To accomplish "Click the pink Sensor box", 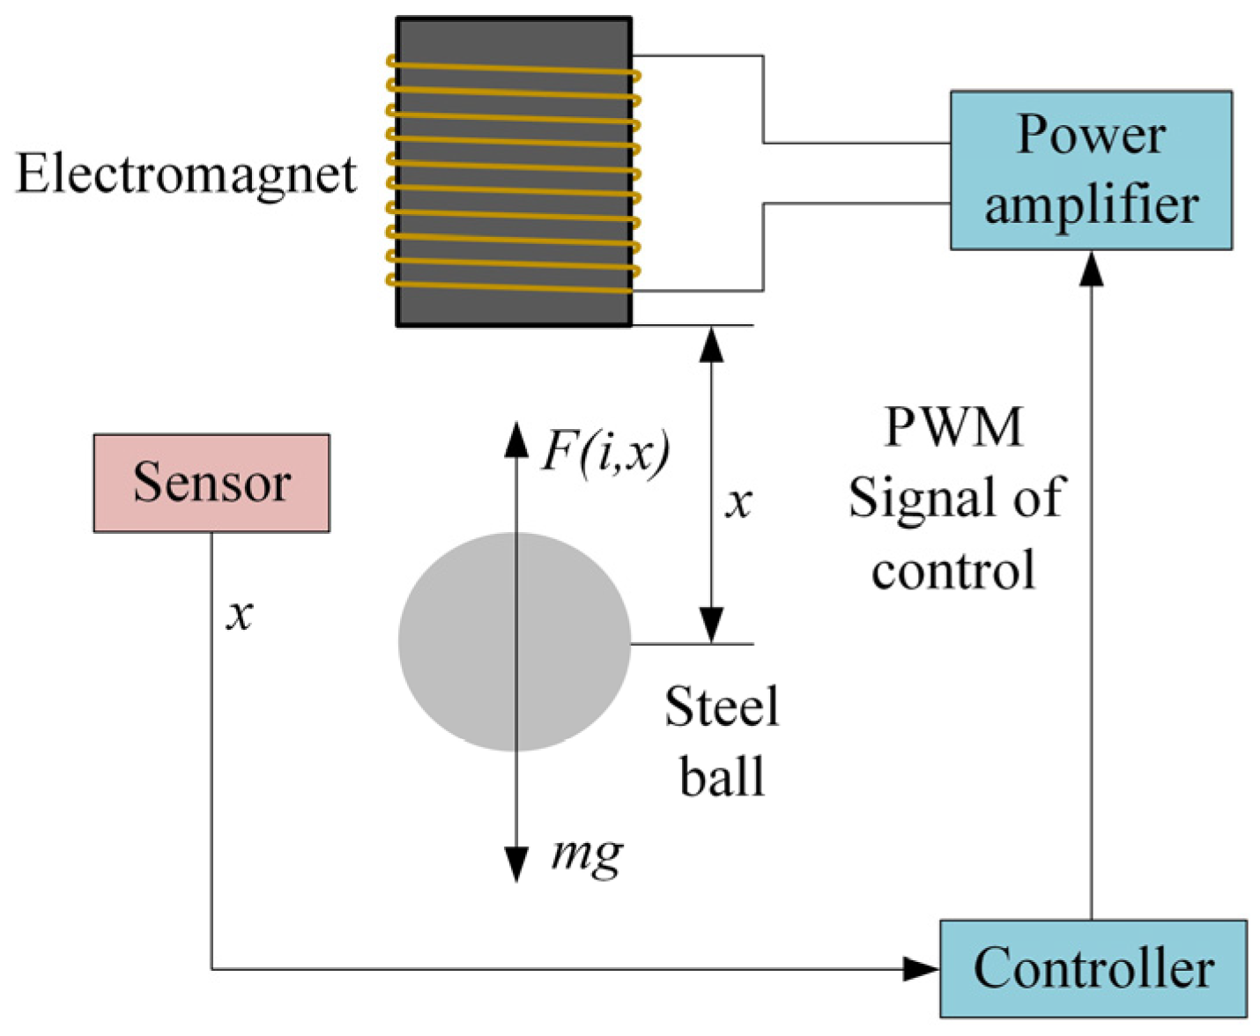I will click(211, 483).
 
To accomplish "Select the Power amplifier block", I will click(1091, 170).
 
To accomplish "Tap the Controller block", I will click(1093, 968).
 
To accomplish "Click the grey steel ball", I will click(476, 652).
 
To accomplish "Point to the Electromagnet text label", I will click(186, 174).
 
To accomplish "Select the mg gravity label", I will click(587, 853).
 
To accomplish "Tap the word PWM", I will click(953, 427).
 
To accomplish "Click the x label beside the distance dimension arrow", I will click(738, 502).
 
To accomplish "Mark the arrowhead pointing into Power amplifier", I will click(1092, 268).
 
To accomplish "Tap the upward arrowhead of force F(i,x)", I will click(515, 439).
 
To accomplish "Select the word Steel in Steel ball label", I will click(722, 707).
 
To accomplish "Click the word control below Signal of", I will click(953, 570).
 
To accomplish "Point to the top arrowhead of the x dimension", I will click(711, 344).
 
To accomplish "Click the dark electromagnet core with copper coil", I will click(514, 172).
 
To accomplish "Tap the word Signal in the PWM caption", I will click(917, 498).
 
